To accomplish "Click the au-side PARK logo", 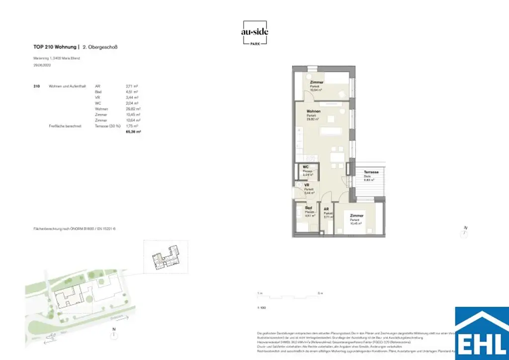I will (254, 33).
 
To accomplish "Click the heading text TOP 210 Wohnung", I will (54, 47).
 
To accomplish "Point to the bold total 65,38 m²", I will (134, 132).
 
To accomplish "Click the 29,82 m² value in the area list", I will (134, 109).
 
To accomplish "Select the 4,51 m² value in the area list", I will (132, 91).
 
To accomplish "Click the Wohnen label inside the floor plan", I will (313, 111).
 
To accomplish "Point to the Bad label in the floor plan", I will (308, 208).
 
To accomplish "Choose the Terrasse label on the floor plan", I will (371, 172).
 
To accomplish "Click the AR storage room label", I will (327, 209).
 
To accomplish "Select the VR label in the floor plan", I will (308, 185).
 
